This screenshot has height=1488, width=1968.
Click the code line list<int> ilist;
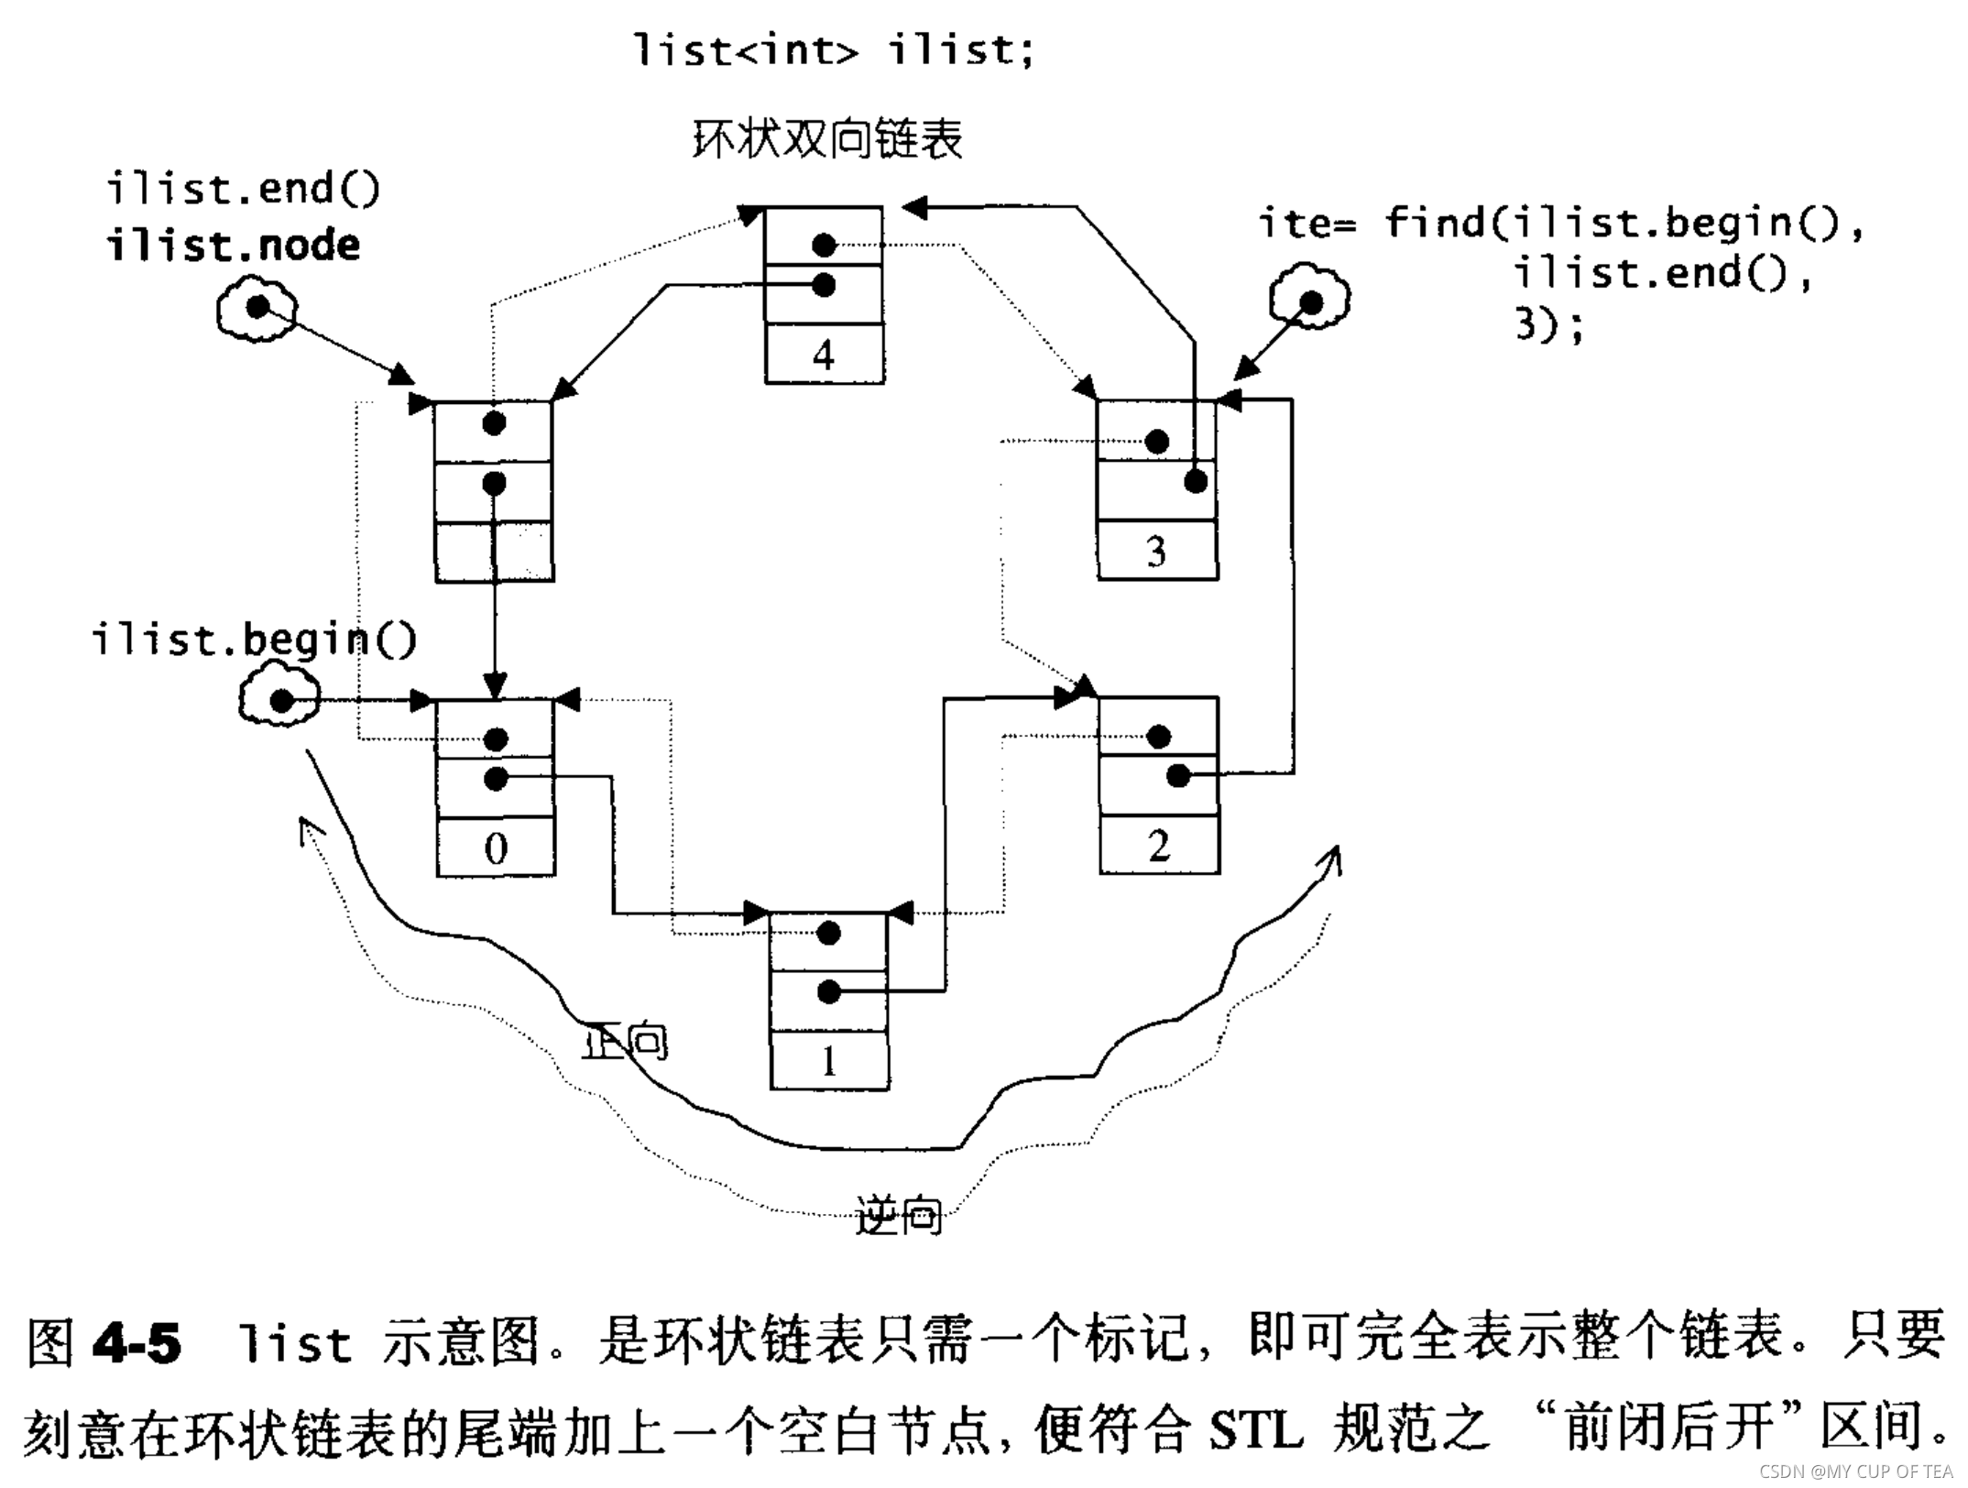pyautogui.click(x=834, y=49)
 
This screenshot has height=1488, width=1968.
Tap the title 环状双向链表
pyautogui.click(x=826, y=140)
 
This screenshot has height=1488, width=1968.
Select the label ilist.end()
pyautogui.click(x=243, y=189)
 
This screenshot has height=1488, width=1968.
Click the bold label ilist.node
pyautogui.click(x=234, y=246)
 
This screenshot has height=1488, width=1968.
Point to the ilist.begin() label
pyautogui.click(x=254, y=639)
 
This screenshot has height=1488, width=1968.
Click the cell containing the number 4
pyautogui.click(x=824, y=355)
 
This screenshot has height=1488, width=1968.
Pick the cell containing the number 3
pyautogui.click(x=1157, y=552)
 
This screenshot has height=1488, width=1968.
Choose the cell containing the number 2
pyautogui.click(x=1159, y=845)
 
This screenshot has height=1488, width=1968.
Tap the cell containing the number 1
pyautogui.click(x=829, y=1061)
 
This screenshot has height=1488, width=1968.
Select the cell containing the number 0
pyautogui.click(x=496, y=848)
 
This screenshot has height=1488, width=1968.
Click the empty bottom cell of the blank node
pyautogui.click(x=495, y=553)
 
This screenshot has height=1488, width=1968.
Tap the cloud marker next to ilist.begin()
pyautogui.click(x=280, y=701)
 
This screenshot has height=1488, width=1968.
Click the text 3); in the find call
pyautogui.click(x=1548, y=325)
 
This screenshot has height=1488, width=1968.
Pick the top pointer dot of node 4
pyautogui.click(x=824, y=245)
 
